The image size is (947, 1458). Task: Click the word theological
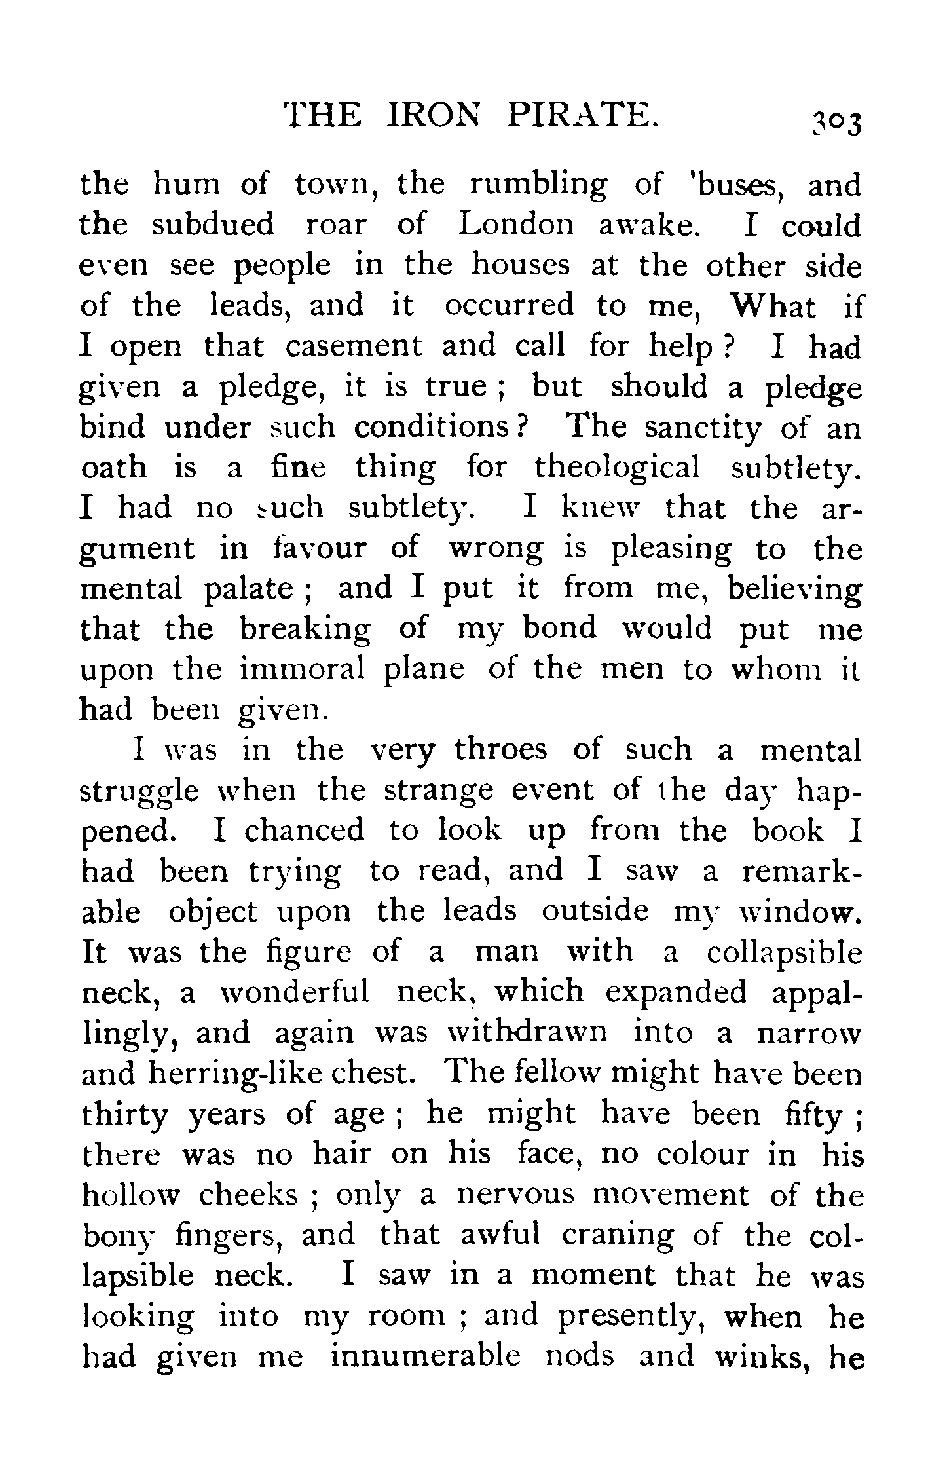click(617, 468)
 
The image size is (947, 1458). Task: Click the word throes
click(500, 750)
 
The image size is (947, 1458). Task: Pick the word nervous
click(514, 1195)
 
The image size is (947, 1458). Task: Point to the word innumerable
click(425, 1356)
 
